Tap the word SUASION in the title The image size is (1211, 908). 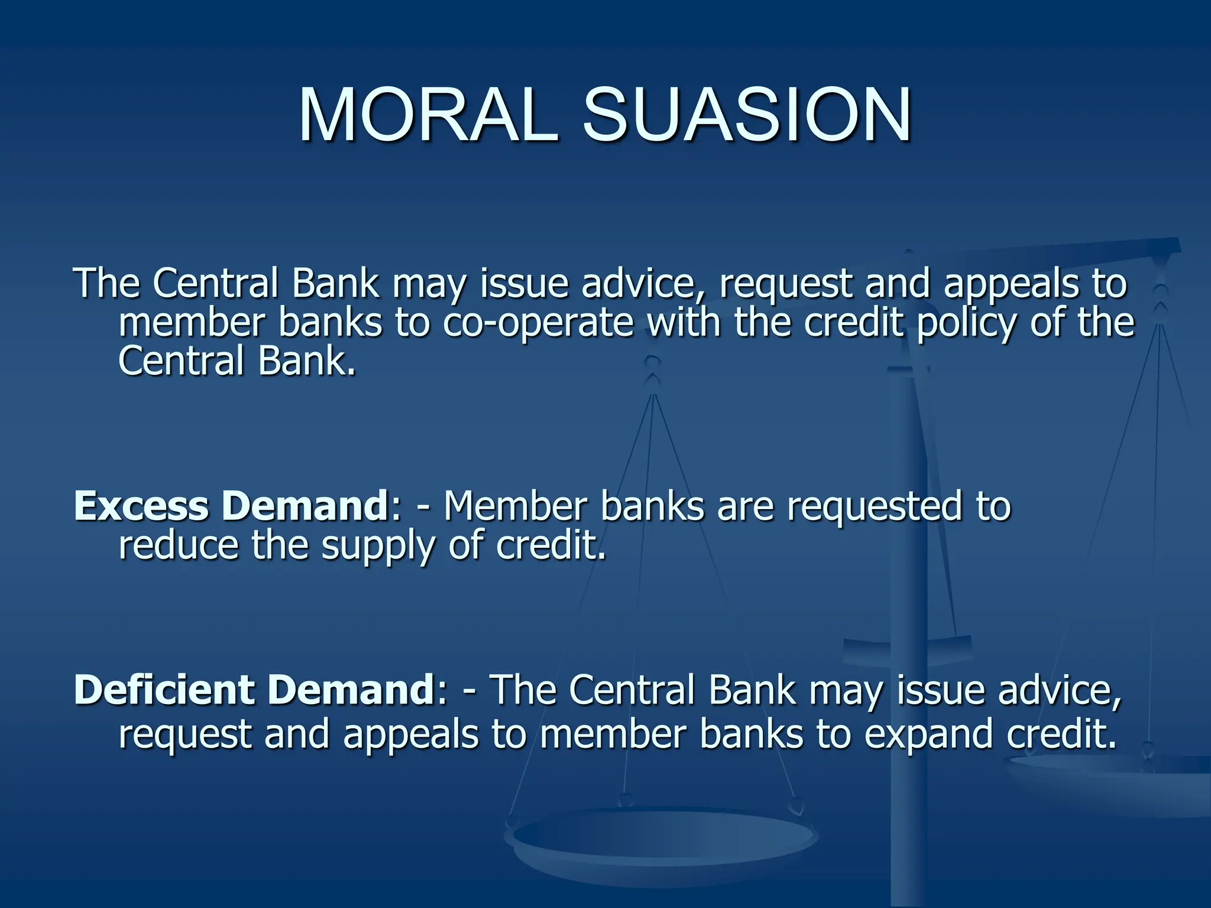tap(747, 115)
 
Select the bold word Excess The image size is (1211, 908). tap(141, 507)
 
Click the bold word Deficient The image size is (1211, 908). tap(163, 690)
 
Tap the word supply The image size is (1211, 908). tap(377, 547)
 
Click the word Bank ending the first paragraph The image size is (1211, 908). tap(306, 361)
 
